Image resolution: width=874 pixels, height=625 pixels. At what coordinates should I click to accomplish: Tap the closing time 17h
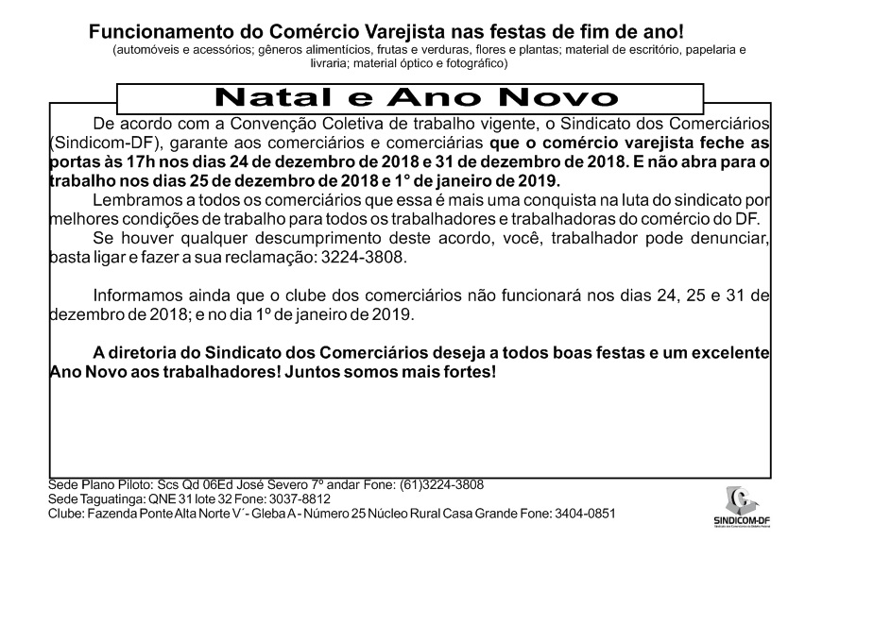pos(135,160)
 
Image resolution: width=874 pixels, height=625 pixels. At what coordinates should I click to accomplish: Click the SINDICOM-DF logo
pos(743,508)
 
